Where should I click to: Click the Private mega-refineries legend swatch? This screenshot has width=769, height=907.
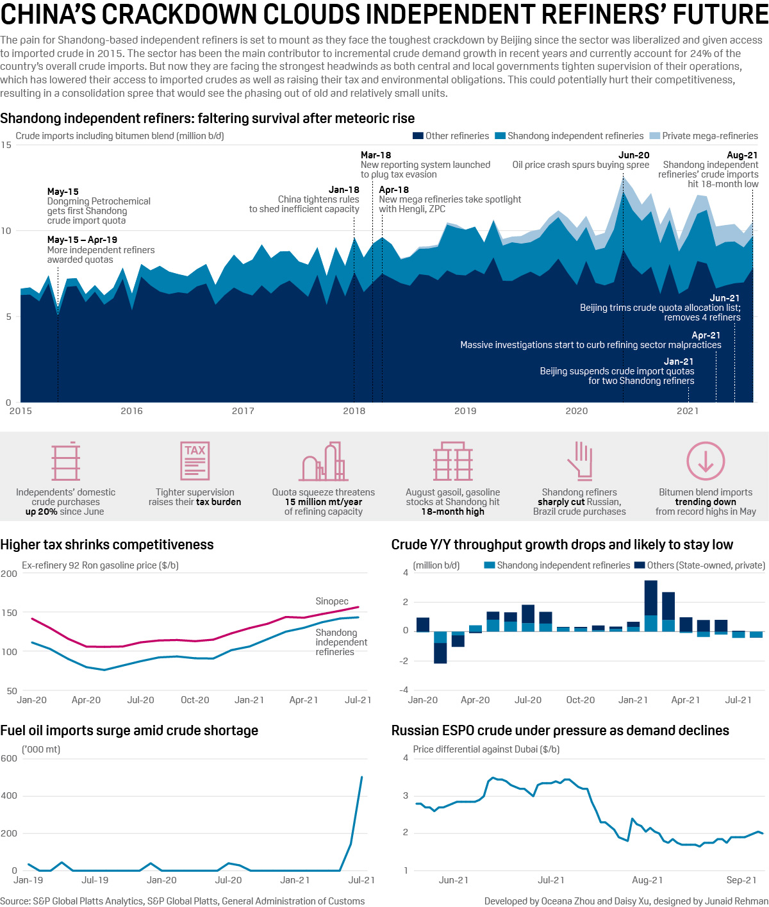[x=654, y=136]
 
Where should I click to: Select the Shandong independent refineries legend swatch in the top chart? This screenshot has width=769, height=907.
[x=500, y=136]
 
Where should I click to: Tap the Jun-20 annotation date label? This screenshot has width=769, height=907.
[x=633, y=155]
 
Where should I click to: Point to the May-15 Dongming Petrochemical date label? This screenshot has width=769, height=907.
[x=63, y=192]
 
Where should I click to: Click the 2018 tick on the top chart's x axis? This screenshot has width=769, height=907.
[x=354, y=411]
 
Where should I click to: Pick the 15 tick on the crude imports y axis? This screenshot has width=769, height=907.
[x=6, y=145]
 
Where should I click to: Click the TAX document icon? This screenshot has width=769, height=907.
[x=195, y=460]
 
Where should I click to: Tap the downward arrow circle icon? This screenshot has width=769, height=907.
[x=706, y=461]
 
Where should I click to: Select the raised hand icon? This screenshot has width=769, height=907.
[x=579, y=460]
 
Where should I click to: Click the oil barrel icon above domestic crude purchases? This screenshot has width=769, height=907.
[x=66, y=461]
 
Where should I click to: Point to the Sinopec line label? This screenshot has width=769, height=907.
[x=332, y=601]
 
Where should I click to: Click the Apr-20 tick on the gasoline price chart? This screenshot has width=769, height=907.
[x=86, y=700]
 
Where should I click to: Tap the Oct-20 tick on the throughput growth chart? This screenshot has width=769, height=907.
[x=581, y=700]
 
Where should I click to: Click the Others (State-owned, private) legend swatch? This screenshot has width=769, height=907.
[x=640, y=565]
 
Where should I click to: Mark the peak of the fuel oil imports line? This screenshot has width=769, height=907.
[x=362, y=778]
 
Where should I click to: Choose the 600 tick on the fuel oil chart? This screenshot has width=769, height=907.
[x=10, y=758]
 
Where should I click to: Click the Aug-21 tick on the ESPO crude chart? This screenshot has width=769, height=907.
[x=647, y=880]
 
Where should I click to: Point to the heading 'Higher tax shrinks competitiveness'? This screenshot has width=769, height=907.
[x=107, y=545]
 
